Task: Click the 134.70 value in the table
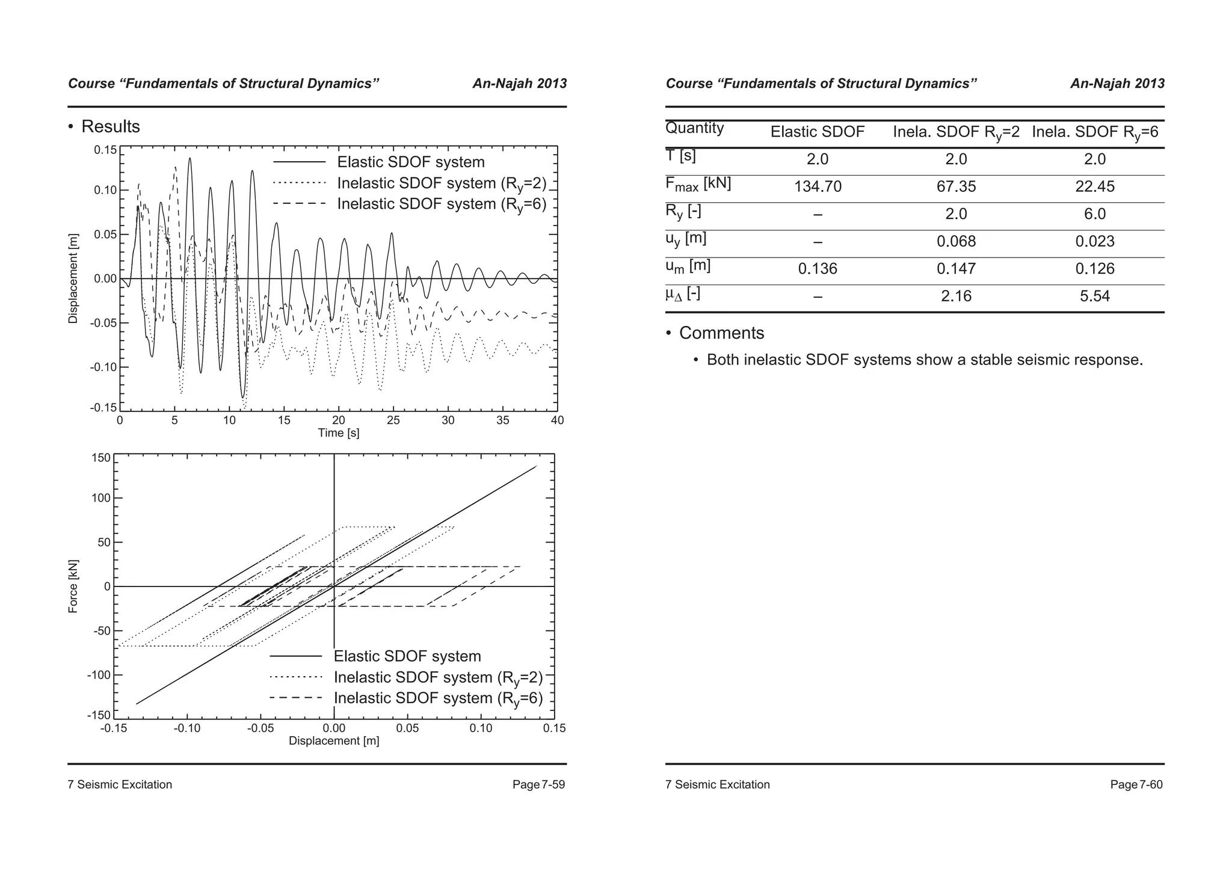pyautogui.click(x=818, y=186)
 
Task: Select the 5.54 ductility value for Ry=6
pyautogui.click(x=1094, y=296)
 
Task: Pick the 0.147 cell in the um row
pyautogui.click(x=956, y=269)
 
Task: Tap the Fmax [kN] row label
pyautogui.click(x=698, y=184)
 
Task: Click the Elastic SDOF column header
pyautogui.click(x=818, y=132)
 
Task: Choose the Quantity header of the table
pyautogui.click(x=694, y=128)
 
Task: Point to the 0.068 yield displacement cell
pyautogui.click(x=956, y=241)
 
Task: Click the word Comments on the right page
pyautogui.click(x=721, y=333)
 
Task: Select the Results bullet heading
pyautogui.click(x=110, y=126)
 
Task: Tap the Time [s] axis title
pyautogui.click(x=339, y=433)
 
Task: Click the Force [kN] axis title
pyautogui.click(x=73, y=586)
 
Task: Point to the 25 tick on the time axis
pyautogui.click(x=393, y=420)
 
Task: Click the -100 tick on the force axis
pyautogui.click(x=99, y=675)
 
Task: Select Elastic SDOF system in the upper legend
pyautogui.click(x=410, y=162)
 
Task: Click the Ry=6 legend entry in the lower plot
pyautogui.click(x=438, y=698)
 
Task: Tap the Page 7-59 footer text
pyautogui.click(x=538, y=784)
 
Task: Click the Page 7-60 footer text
pyautogui.click(x=1136, y=784)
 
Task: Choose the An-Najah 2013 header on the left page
pyautogui.click(x=519, y=84)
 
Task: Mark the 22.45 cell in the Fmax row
pyautogui.click(x=1094, y=186)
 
